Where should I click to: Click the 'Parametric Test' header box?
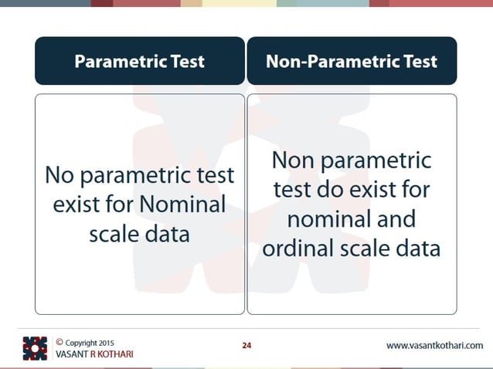coord(139,61)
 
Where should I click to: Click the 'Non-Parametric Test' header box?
coord(352,61)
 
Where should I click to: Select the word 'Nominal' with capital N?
coord(187,205)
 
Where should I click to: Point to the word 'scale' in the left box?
coord(114,233)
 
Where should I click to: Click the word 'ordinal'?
coord(297,249)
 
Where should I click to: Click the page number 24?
coord(246,345)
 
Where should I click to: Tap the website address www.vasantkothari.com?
coord(434,345)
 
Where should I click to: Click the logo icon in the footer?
coord(35,348)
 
